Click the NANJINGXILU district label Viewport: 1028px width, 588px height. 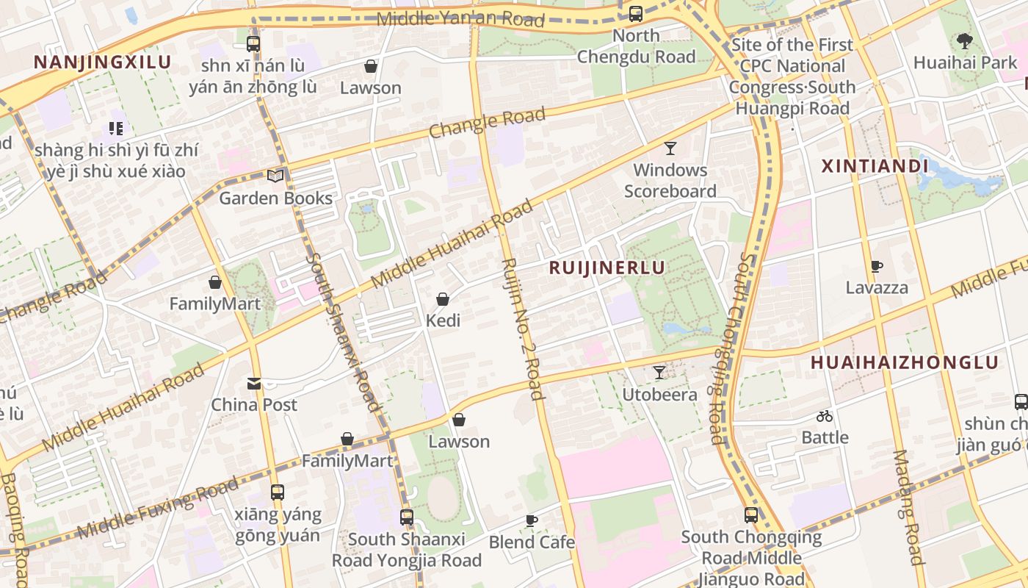(102, 62)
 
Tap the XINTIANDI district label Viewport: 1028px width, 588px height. (875, 166)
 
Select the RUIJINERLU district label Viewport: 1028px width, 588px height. (607, 268)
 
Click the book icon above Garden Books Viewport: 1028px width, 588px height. (275, 176)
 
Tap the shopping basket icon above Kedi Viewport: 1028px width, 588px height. (443, 299)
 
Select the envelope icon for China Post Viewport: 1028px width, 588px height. (254, 383)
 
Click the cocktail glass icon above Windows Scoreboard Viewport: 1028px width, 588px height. (670, 148)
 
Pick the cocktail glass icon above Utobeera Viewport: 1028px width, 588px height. (659, 373)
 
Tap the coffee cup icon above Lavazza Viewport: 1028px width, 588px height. (876, 266)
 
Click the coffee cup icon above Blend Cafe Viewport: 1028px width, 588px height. (532, 520)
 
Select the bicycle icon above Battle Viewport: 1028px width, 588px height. (825, 416)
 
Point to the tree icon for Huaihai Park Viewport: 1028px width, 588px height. (965, 41)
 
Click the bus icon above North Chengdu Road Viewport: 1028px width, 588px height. (636, 13)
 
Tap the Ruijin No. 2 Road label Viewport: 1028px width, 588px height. (523, 329)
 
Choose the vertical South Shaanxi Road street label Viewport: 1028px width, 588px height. (344, 331)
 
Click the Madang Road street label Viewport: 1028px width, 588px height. (908, 507)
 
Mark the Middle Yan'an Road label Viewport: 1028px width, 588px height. (460, 18)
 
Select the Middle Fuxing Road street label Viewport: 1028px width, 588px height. (158, 507)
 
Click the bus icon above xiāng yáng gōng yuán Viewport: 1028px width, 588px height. (278, 492)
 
